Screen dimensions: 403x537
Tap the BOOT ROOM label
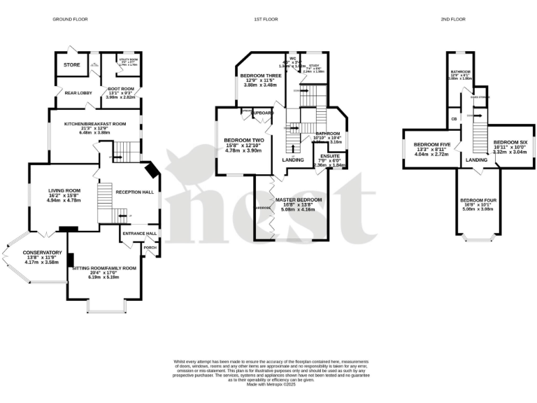tap(119, 89)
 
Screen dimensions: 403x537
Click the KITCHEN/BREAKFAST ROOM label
tap(95, 124)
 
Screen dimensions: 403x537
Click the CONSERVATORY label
tap(42, 253)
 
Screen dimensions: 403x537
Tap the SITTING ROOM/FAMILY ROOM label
tap(104, 268)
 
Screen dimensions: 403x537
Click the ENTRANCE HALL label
tap(140, 234)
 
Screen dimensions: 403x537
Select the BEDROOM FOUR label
tap(478, 201)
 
